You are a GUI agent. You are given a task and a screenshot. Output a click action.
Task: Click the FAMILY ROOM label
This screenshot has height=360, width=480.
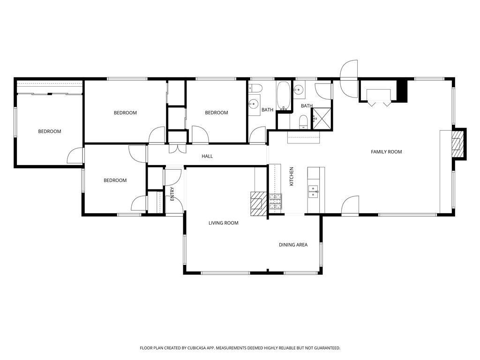click(386, 151)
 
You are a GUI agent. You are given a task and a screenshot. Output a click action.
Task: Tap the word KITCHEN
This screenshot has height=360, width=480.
click(291, 176)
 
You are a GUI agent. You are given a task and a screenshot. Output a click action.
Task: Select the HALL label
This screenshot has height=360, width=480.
click(207, 156)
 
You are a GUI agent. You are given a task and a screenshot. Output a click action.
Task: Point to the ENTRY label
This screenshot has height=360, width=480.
click(172, 194)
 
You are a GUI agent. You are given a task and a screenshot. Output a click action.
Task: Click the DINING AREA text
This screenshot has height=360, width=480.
click(293, 245)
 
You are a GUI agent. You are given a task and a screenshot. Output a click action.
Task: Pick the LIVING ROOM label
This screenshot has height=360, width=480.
click(223, 223)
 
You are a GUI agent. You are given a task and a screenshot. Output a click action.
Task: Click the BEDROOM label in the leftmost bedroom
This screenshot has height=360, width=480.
click(49, 131)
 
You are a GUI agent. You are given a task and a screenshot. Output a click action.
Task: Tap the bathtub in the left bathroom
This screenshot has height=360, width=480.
click(283, 97)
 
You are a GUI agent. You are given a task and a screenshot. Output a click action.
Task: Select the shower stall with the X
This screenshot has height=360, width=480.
click(322, 118)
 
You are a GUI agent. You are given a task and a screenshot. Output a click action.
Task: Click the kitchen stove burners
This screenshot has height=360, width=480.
click(275, 201)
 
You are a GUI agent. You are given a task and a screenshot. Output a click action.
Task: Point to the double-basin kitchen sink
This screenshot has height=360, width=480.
click(314, 190)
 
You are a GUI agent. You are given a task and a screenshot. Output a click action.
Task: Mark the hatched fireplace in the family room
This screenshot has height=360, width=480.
click(457, 144)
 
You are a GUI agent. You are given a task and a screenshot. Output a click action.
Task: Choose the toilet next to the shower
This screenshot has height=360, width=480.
click(303, 122)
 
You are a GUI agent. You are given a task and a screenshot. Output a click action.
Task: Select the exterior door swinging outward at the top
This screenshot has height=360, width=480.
click(349, 70)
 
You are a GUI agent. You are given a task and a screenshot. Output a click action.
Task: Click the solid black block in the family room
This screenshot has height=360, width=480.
click(402, 90)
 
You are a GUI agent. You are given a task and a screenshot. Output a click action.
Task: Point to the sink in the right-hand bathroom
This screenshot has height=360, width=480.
click(298, 89)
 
